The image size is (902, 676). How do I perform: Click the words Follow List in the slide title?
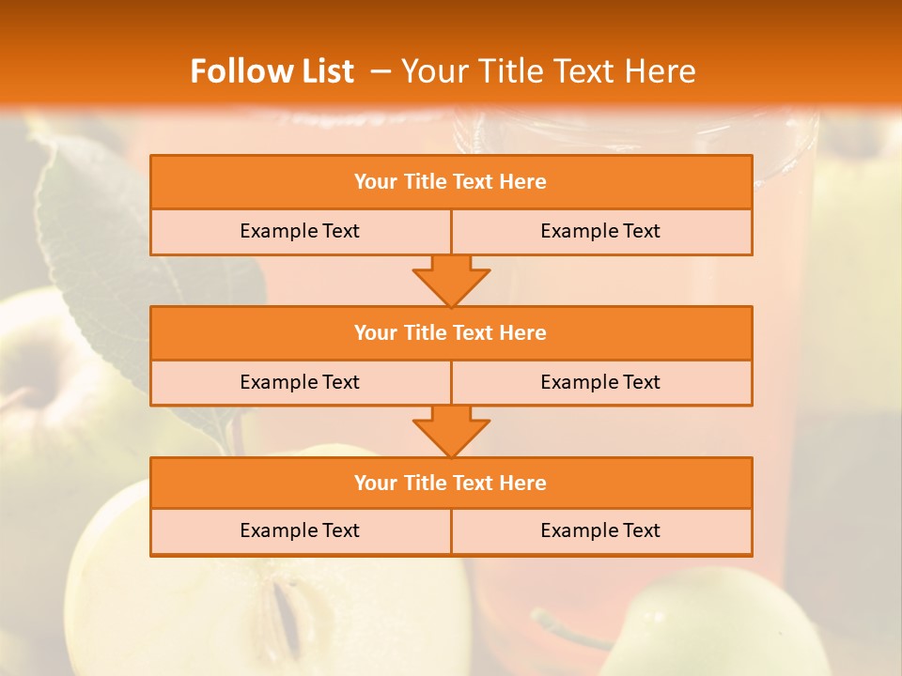(x=272, y=71)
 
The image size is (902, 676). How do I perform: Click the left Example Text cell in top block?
(x=300, y=231)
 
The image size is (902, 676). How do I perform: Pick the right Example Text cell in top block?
(x=600, y=231)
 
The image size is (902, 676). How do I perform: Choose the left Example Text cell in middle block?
(x=300, y=382)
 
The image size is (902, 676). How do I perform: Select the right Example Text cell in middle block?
(x=600, y=382)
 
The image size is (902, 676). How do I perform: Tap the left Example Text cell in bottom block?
(x=300, y=530)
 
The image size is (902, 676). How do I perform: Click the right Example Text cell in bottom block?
(x=600, y=530)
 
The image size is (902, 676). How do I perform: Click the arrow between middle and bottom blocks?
(x=451, y=431)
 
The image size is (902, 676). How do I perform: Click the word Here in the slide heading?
(x=662, y=71)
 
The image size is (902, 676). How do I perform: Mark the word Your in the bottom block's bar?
(x=375, y=484)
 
